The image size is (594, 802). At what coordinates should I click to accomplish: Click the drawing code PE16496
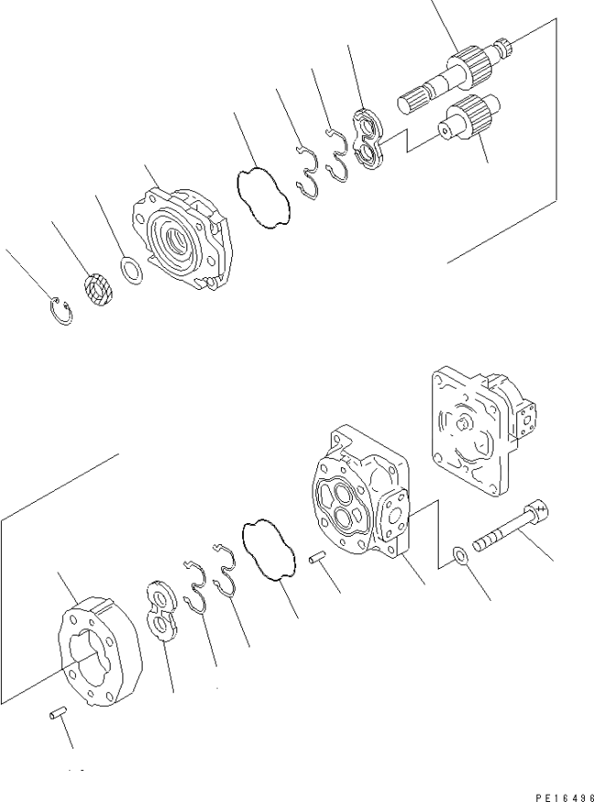point(565,797)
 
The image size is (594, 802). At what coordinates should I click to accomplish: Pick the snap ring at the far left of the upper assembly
point(62,311)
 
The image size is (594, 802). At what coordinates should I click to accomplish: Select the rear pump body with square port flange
point(361,490)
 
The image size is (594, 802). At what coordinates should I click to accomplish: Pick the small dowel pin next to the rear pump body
point(316,558)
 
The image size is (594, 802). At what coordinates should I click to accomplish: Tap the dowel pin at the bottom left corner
point(58,712)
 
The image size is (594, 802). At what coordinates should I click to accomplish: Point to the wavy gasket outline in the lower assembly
point(269,551)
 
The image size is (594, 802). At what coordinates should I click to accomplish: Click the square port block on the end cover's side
point(526,417)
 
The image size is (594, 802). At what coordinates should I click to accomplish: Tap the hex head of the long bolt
point(537,508)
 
